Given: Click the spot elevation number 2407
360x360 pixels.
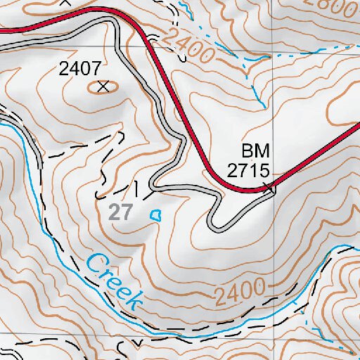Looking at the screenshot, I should [81, 69].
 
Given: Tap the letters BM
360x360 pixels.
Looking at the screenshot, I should [256, 151].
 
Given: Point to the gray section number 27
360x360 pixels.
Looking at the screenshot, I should [121, 212].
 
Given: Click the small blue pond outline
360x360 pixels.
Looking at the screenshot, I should [156, 214].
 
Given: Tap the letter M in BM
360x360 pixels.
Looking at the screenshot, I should [263, 151].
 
